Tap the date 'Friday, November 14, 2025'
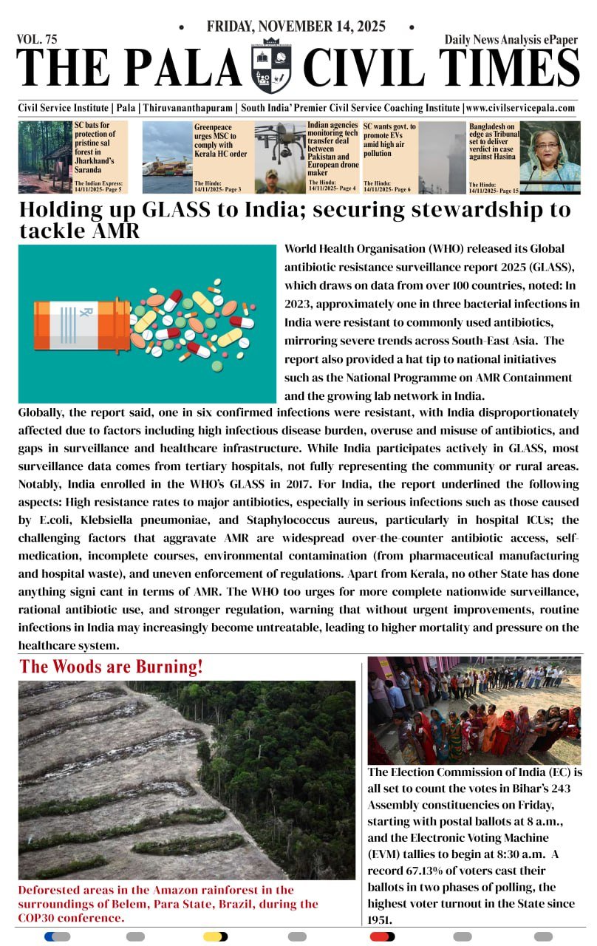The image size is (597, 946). pyautogui.click(x=296, y=27)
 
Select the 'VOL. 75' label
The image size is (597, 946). pyautogui.click(x=36, y=38)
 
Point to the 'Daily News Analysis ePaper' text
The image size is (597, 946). pyautogui.click(x=511, y=39)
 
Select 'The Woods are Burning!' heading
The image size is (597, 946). pyautogui.click(x=111, y=667)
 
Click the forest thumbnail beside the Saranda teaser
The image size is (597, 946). pyautogui.click(x=45, y=157)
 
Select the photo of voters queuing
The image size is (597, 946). pyautogui.click(x=474, y=709)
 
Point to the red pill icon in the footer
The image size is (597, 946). pyautogui.click(x=382, y=936)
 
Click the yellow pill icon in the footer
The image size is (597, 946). pyautogui.click(x=215, y=936)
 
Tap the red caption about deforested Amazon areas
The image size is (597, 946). pyautogui.click(x=168, y=903)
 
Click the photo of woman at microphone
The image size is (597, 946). pyautogui.click(x=550, y=157)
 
